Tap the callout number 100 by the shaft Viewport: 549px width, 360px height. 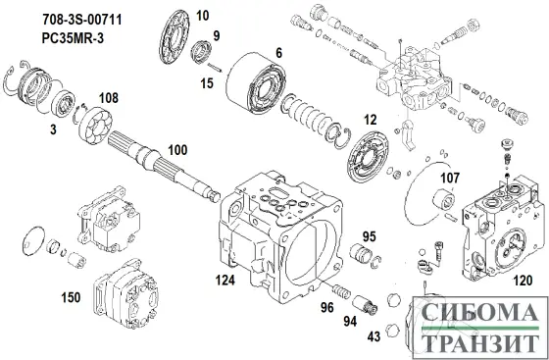[x=176, y=150]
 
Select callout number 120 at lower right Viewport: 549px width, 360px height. [x=524, y=281]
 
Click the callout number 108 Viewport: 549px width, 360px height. [x=109, y=98]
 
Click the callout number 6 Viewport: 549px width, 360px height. [x=277, y=52]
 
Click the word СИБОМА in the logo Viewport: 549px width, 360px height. [x=477, y=315]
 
